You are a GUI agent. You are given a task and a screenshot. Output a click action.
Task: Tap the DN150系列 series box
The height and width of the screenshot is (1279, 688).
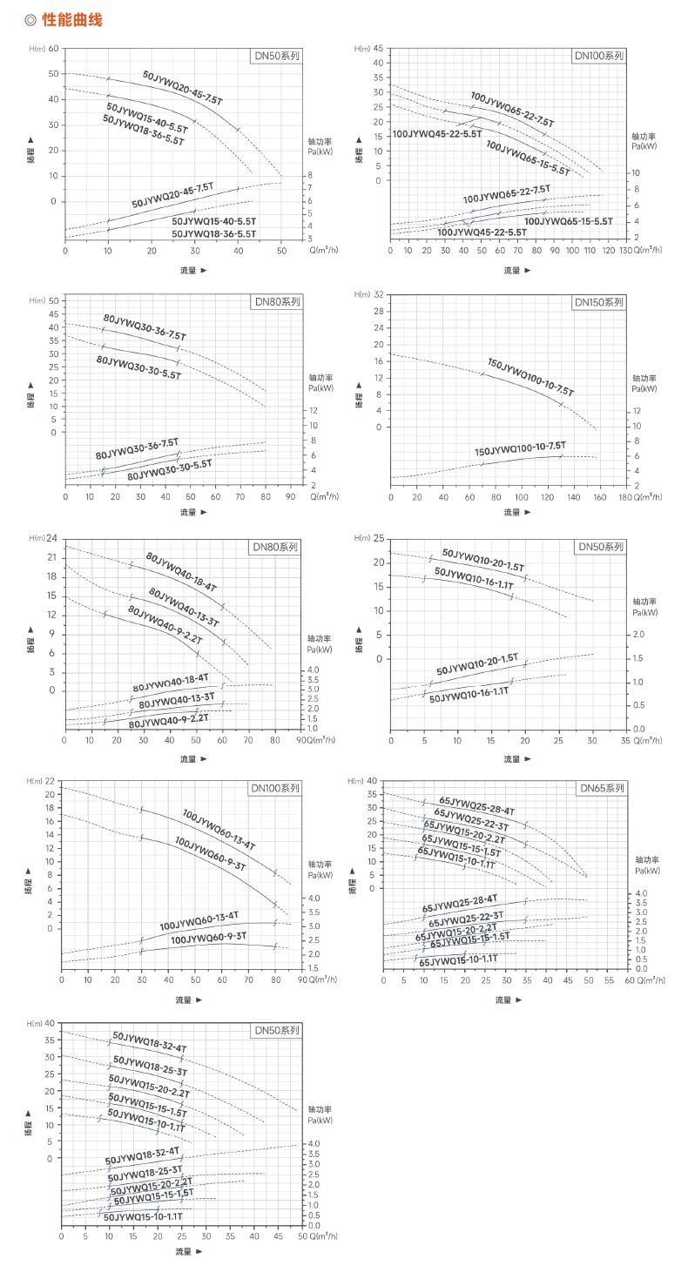tap(600, 302)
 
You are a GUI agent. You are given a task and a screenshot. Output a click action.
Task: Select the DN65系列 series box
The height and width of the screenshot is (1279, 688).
tap(603, 788)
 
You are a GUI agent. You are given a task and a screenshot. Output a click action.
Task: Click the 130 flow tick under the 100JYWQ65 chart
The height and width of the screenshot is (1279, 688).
tap(624, 249)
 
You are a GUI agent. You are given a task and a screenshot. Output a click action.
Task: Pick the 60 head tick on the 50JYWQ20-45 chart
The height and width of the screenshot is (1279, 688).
tap(53, 49)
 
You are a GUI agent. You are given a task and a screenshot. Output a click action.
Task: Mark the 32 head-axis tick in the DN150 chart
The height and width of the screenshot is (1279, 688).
tap(378, 295)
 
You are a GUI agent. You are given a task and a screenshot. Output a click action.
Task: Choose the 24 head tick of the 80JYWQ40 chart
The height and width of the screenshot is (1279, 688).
tap(51, 538)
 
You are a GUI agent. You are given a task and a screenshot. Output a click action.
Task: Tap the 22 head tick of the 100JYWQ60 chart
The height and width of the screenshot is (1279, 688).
tap(50, 781)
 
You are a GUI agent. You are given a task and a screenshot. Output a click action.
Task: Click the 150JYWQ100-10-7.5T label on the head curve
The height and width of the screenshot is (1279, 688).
tap(530, 377)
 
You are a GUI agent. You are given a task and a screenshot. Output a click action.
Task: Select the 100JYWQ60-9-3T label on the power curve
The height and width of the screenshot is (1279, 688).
tap(208, 938)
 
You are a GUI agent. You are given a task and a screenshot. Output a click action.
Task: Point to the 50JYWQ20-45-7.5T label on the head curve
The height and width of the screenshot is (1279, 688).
tap(183, 88)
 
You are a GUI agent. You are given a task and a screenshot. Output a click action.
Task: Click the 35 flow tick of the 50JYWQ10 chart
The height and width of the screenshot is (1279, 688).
tap(624, 740)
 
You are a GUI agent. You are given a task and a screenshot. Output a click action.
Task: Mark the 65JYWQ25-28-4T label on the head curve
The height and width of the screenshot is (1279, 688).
tap(476, 805)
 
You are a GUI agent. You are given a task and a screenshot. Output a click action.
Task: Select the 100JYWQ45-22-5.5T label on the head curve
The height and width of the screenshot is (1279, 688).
tap(436, 133)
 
